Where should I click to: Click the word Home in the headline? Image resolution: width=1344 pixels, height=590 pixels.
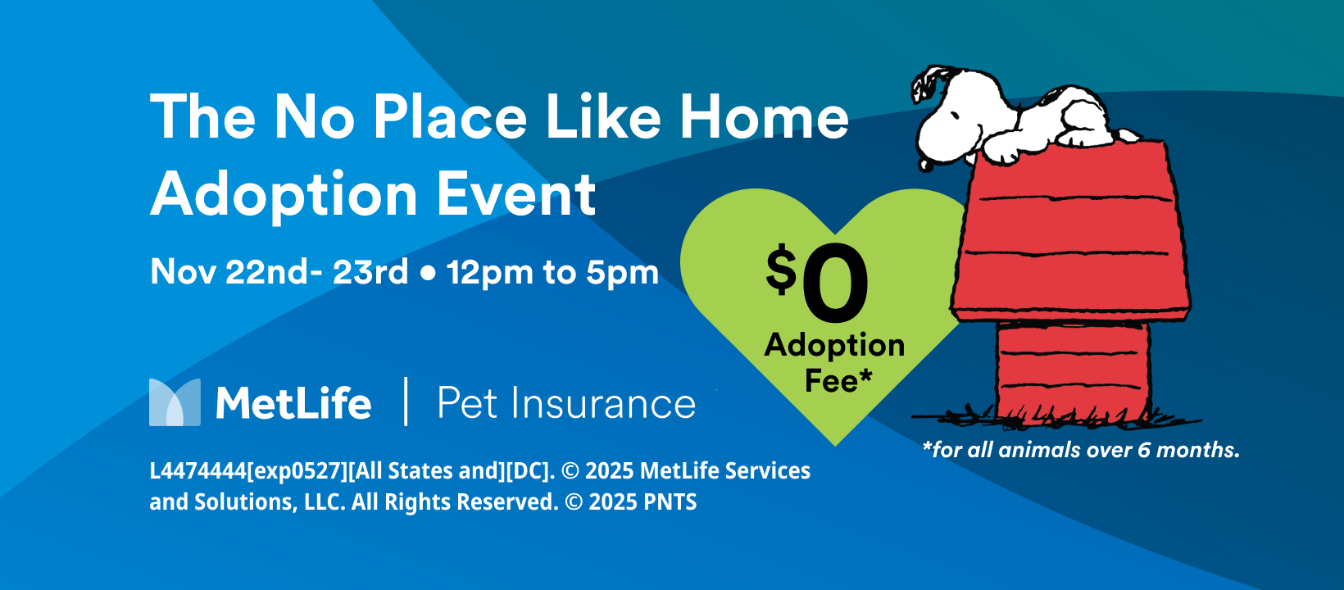point(764,117)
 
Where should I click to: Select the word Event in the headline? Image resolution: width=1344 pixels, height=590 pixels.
point(516,194)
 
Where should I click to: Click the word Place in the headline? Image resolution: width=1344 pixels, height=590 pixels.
point(449,117)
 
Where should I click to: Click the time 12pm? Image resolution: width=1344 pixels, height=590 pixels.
point(489,274)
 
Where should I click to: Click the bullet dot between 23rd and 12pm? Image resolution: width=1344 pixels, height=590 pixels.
point(428,274)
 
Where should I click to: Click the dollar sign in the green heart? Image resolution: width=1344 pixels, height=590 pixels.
point(781,268)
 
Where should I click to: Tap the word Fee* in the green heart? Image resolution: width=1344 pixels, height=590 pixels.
point(838,380)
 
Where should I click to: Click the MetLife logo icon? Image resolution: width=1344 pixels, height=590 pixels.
point(175,402)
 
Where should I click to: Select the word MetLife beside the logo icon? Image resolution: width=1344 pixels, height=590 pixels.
point(293,402)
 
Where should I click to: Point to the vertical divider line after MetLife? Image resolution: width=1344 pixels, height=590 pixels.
point(406,401)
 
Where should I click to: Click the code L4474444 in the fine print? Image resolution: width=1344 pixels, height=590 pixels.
point(198,470)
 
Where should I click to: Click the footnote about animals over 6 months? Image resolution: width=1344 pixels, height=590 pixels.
point(1081,450)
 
